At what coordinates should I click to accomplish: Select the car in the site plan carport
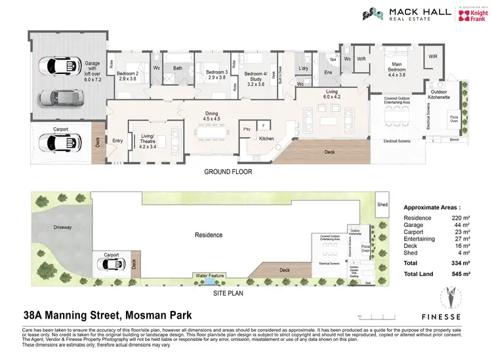click(110, 264)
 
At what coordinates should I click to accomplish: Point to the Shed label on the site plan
click(383, 203)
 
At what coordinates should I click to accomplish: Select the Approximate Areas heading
click(432, 206)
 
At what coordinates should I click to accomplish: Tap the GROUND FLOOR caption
click(228, 172)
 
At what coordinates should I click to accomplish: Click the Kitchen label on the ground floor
click(266, 138)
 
